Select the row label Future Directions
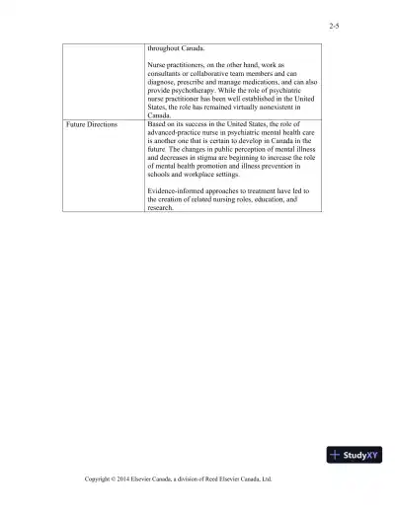click(x=91, y=125)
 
